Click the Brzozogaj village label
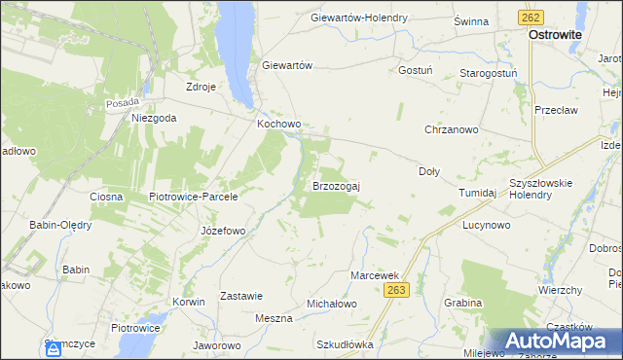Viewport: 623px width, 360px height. (336, 185)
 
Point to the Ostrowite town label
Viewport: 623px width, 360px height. (555, 33)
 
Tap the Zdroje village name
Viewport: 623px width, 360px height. (201, 86)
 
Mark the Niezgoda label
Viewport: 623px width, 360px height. (154, 118)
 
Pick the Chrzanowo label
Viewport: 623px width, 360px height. (451, 129)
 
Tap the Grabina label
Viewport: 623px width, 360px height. (461, 303)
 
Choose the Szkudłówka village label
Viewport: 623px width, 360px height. (345, 344)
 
